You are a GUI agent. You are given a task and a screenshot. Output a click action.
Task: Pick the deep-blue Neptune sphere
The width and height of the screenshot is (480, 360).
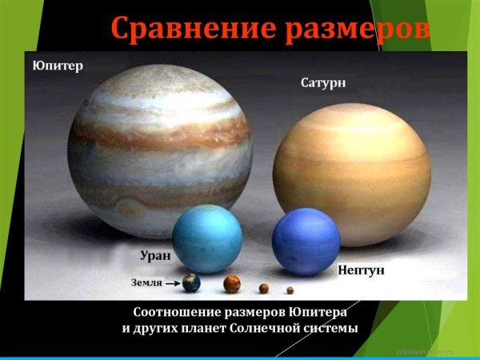coord(306,242)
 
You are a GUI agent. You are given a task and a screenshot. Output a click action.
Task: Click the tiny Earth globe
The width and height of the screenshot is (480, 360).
coord(191,282)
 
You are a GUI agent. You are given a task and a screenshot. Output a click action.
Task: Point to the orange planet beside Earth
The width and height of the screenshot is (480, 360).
coord(231,284)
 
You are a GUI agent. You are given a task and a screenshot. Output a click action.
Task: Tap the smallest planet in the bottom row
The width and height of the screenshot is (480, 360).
coord(290,290)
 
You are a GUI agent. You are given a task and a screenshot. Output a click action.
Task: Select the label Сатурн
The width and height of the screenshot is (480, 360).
coord(323,82)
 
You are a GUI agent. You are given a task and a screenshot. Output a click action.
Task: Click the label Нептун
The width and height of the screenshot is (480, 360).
coord(360,270)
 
